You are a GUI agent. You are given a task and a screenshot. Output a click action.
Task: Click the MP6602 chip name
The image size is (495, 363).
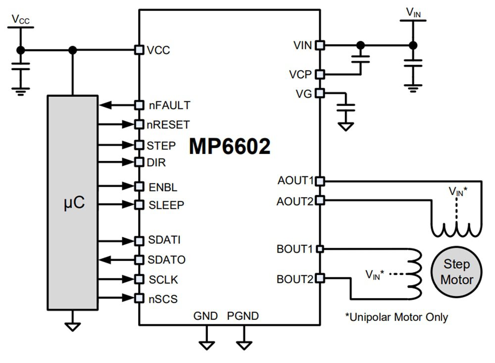click(x=230, y=147)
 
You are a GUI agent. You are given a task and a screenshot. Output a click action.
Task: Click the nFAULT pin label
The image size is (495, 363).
click(x=169, y=105)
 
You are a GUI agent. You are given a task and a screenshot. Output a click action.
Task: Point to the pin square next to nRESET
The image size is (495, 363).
click(x=140, y=124)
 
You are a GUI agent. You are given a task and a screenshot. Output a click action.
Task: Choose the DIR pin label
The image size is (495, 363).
click(x=157, y=162)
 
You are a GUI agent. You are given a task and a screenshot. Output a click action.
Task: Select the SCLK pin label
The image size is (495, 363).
click(x=163, y=280)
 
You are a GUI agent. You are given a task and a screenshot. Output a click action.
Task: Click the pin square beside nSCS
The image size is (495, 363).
click(x=140, y=298)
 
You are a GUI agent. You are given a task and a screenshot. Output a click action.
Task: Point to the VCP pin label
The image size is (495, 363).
click(x=300, y=75)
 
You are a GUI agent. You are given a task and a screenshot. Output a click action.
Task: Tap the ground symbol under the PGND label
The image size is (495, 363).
click(x=243, y=344)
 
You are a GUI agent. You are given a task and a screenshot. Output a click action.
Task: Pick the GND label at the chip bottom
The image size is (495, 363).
click(x=205, y=316)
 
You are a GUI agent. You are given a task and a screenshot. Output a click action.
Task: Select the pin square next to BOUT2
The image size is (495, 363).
click(x=320, y=278)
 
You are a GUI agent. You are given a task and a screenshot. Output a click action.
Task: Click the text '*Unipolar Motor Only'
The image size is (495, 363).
click(x=396, y=317)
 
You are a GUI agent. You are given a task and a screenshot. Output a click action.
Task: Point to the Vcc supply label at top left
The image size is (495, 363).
click(x=20, y=20)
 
